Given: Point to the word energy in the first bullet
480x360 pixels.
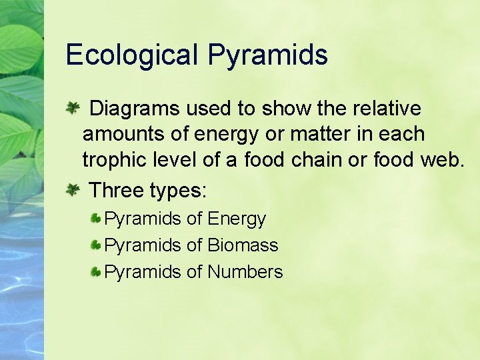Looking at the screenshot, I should pyautogui.click(x=226, y=135).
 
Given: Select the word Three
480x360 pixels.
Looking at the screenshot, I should pyautogui.click(x=117, y=191).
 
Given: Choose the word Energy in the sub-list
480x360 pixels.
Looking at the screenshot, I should pyautogui.click(x=237, y=219).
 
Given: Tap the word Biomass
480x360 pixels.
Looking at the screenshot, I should pyautogui.click(x=243, y=245).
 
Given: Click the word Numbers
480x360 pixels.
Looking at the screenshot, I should pyautogui.click(x=245, y=272).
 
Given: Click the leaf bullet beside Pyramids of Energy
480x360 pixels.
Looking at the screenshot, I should pyautogui.click(x=96, y=219).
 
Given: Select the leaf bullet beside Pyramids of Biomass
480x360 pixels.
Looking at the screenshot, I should pyautogui.click(x=96, y=245).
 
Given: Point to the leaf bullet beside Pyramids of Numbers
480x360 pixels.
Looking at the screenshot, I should pyautogui.click(x=96, y=272).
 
